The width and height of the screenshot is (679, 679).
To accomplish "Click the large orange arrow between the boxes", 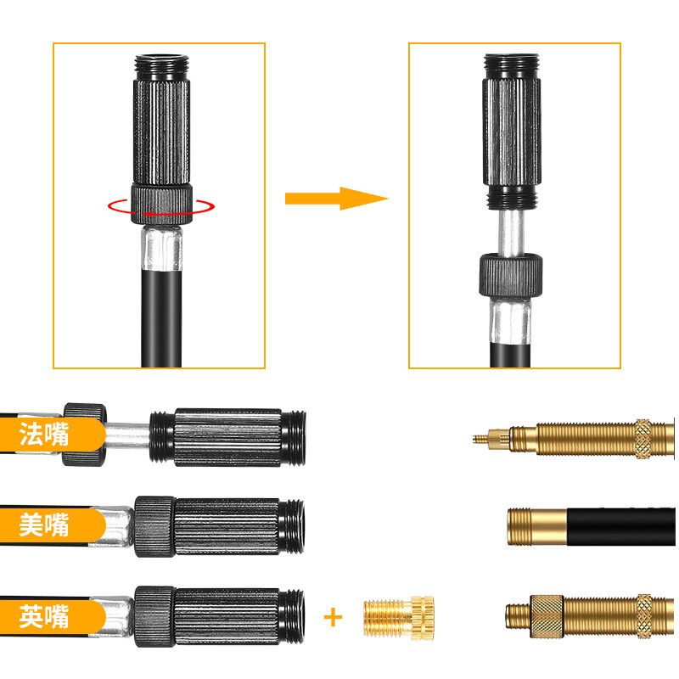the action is (336, 199).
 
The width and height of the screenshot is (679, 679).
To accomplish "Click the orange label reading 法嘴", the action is (52, 434).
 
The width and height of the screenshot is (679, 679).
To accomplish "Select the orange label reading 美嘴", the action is (52, 525).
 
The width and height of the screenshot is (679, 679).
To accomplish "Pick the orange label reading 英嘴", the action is (52, 617).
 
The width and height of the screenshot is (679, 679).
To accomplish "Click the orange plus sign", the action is (333, 617).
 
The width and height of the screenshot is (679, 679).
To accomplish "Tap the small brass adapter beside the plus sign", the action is (398, 618).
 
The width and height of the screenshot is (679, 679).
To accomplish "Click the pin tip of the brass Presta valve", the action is (474, 439).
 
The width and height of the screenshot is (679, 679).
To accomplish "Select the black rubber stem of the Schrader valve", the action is (621, 526).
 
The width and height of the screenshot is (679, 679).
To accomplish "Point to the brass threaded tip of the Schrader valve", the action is (537, 526).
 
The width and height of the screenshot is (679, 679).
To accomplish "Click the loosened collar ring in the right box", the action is (511, 276).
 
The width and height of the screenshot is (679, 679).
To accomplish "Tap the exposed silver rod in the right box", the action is (511, 232).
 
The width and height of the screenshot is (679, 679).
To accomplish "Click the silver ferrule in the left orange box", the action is (161, 248).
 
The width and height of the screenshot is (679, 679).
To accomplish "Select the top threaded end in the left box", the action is (162, 67).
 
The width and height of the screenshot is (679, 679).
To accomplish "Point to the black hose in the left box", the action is (161, 318).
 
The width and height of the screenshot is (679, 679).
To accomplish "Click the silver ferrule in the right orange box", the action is (511, 321).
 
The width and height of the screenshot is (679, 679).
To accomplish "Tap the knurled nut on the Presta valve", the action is (643, 439).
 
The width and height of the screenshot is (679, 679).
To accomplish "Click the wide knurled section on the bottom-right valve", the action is (547, 616).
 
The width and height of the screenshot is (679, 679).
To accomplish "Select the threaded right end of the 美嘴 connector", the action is (292, 526).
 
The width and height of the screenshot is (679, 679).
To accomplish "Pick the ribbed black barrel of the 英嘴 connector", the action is (227, 616).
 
